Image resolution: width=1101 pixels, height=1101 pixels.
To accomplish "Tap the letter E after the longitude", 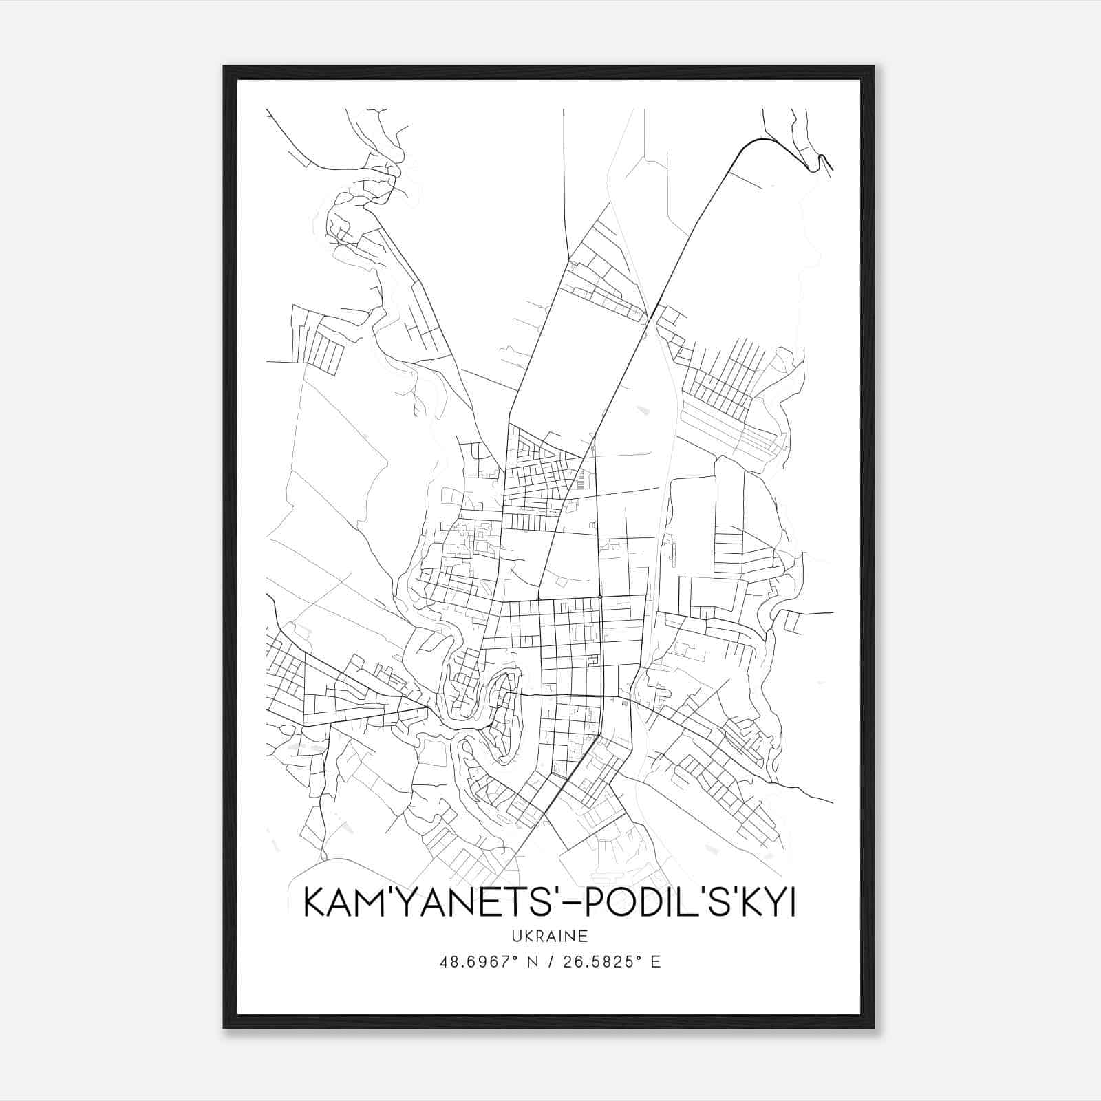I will [x=655, y=962].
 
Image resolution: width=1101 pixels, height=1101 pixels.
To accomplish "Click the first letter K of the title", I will [x=314, y=904].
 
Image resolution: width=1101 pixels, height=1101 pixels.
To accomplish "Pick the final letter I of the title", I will [x=792, y=904].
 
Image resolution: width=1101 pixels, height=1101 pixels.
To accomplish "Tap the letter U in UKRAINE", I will [x=515, y=937].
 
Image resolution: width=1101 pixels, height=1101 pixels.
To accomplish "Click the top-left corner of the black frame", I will [x=224, y=67].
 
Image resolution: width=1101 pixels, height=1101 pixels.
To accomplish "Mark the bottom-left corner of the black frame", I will [x=224, y=1027].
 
